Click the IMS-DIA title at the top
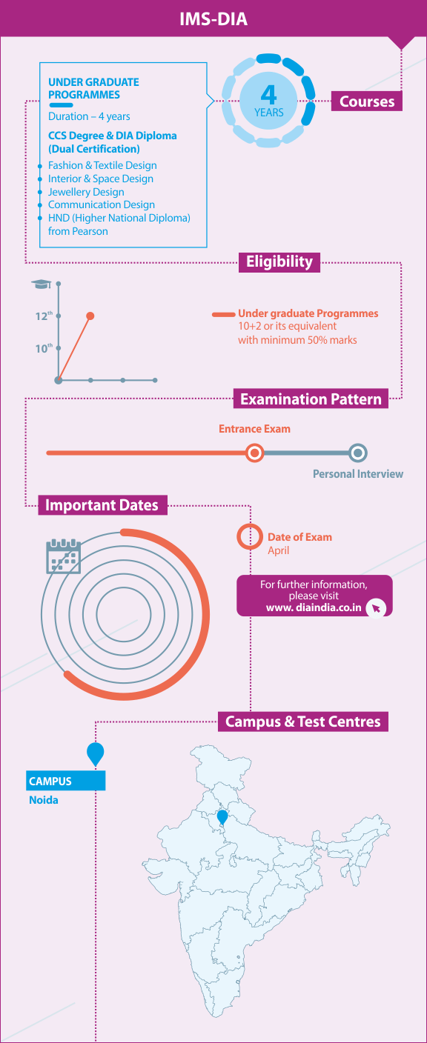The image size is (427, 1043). (x=213, y=19)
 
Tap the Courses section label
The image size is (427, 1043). (x=367, y=101)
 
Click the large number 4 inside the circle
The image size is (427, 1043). (x=268, y=95)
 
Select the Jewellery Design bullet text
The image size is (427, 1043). (x=86, y=192)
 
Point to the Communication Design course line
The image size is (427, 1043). (x=102, y=204)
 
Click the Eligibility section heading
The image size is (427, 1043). (x=279, y=261)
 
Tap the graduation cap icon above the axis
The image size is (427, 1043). (x=41, y=284)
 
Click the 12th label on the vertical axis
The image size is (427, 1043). (x=44, y=316)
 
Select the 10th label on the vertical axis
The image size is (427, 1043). (x=44, y=348)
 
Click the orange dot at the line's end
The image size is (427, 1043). (x=90, y=316)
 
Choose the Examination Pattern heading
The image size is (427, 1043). (x=311, y=399)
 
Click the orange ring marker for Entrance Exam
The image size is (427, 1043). (x=254, y=453)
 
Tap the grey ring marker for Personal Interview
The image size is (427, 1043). (x=358, y=453)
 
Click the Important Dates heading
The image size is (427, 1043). (x=102, y=505)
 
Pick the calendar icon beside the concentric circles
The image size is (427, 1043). (x=64, y=556)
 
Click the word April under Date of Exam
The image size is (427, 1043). (x=278, y=550)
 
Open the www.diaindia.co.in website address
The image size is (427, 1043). (x=314, y=607)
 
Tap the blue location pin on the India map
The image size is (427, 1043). (x=222, y=818)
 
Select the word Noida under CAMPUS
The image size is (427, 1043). (x=44, y=800)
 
